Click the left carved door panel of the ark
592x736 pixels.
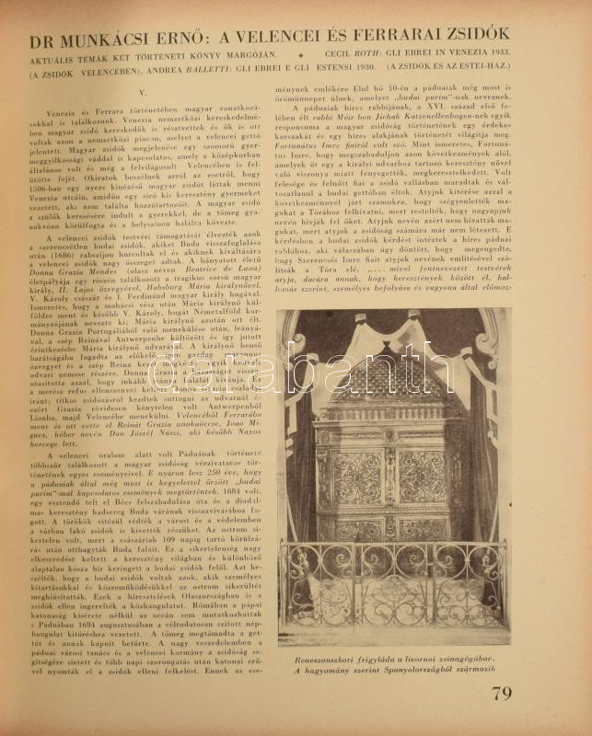pos(357,478)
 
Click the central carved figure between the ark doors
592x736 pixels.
pos(391,478)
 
